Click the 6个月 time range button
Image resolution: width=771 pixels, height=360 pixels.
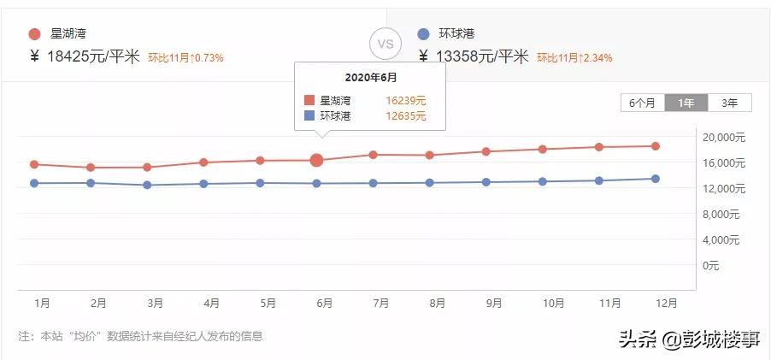(642, 103)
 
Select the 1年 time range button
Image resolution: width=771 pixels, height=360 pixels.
(686, 103)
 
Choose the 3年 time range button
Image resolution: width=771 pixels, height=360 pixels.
(729, 103)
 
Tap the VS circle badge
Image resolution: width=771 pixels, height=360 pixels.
(385, 43)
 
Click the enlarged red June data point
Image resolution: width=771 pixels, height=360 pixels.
(317, 160)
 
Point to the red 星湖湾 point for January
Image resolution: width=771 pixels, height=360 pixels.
(34, 164)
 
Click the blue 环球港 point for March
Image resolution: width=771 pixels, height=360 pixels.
(147, 185)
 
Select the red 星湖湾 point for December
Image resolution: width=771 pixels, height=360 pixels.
(656, 146)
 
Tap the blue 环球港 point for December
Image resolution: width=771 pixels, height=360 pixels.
(656, 179)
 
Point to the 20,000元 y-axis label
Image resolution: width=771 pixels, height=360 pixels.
(724, 138)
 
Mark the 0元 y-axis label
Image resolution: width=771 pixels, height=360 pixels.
(711, 266)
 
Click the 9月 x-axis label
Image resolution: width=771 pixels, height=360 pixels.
(494, 303)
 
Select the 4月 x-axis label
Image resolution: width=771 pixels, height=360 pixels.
(211, 303)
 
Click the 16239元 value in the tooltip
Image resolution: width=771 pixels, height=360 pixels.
(405, 100)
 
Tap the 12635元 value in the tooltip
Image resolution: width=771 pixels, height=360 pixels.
(405, 116)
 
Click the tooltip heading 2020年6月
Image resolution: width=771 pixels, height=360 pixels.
(369, 77)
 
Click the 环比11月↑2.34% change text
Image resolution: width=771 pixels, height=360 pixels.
(574, 58)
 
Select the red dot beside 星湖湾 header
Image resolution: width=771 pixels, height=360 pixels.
(34, 34)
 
